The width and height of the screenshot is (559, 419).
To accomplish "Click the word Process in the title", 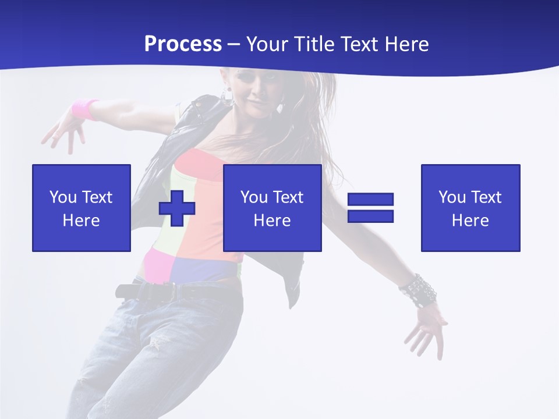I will pos(183,44).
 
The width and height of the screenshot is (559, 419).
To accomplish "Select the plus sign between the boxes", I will pos(177,208).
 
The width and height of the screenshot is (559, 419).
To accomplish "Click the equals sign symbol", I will pos(370,208).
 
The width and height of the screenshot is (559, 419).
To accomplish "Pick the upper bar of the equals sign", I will pos(370,200).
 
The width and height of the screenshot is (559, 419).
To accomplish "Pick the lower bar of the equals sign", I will pos(370,216).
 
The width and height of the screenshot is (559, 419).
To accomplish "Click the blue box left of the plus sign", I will pos(82,208).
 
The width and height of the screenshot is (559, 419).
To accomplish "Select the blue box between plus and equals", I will pos(272,208).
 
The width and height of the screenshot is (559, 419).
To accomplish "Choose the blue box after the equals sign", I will pos(470,208).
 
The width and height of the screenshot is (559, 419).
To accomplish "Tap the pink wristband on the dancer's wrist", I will pos(85,109).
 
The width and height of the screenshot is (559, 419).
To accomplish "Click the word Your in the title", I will pos(267,44).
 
